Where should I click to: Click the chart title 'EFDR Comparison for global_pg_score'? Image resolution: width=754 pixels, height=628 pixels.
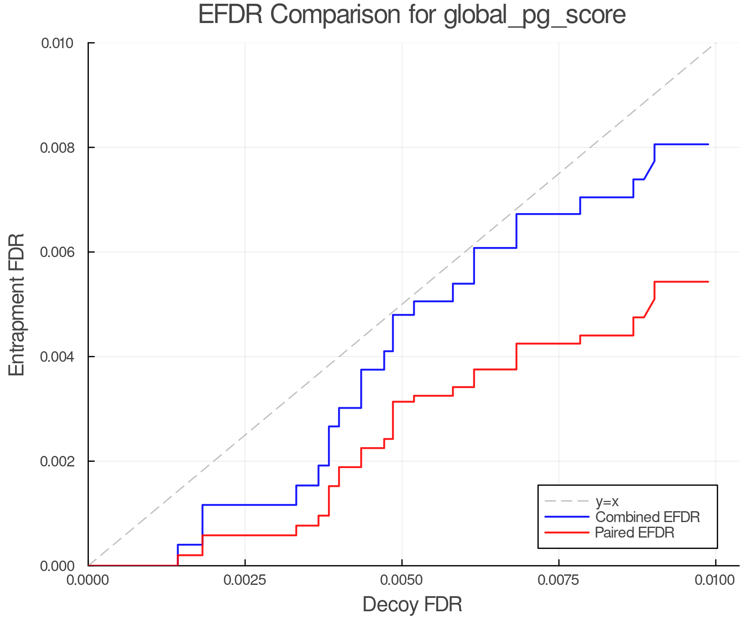pyautogui.click(x=412, y=15)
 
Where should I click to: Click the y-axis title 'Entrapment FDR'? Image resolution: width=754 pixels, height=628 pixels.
pyautogui.click(x=17, y=304)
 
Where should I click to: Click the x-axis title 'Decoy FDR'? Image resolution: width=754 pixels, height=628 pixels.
pyautogui.click(x=412, y=605)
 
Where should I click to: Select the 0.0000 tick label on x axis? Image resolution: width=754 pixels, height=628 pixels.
pyautogui.click(x=88, y=580)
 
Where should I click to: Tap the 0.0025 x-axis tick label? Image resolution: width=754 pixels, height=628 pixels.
pyautogui.click(x=245, y=580)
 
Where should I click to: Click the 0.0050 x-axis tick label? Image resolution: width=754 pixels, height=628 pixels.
pyautogui.click(x=402, y=580)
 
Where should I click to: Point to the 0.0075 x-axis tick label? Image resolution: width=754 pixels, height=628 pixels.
pyautogui.click(x=559, y=580)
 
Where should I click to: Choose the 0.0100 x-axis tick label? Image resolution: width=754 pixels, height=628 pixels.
pyautogui.click(x=715, y=580)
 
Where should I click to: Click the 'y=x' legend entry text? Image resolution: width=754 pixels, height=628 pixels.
pyautogui.click(x=607, y=501)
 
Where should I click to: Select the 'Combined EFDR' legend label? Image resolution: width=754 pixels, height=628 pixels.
pyautogui.click(x=648, y=517)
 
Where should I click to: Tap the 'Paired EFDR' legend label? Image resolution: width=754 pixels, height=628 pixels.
pyautogui.click(x=635, y=533)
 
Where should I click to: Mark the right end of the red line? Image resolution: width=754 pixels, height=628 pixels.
pyautogui.click(x=708, y=282)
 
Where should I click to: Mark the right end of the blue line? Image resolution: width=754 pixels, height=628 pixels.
pyautogui.click(x=708, y=144)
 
